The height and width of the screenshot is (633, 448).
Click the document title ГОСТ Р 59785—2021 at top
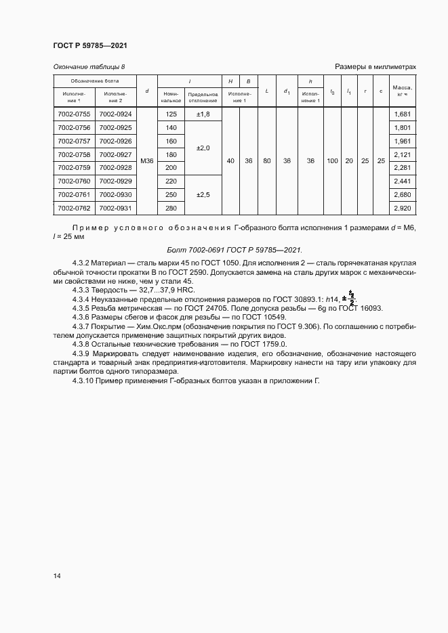(90, 45)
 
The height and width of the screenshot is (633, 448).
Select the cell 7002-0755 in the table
(75, 114)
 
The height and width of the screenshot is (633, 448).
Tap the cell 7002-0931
(115, 208)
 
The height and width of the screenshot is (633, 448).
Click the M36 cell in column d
(147, 161)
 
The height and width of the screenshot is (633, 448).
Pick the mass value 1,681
(403, 114)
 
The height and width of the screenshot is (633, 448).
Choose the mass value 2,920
(403, 208)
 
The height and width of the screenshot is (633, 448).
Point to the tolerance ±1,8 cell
(203, 114)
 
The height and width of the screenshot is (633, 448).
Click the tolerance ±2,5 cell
(203, 194)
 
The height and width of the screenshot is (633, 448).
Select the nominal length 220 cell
(171, 181)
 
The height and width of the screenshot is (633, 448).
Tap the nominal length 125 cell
(171, 114)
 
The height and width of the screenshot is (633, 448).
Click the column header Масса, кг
(403, 91)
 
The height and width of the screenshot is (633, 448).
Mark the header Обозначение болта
(95, 81)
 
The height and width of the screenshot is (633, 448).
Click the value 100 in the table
(332, 161)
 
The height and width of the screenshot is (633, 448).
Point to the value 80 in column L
(267, 161)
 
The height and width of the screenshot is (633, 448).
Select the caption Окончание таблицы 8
(89, 66)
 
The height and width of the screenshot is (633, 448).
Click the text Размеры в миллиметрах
(375, 66)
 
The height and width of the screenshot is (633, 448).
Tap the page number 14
(57, 575)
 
